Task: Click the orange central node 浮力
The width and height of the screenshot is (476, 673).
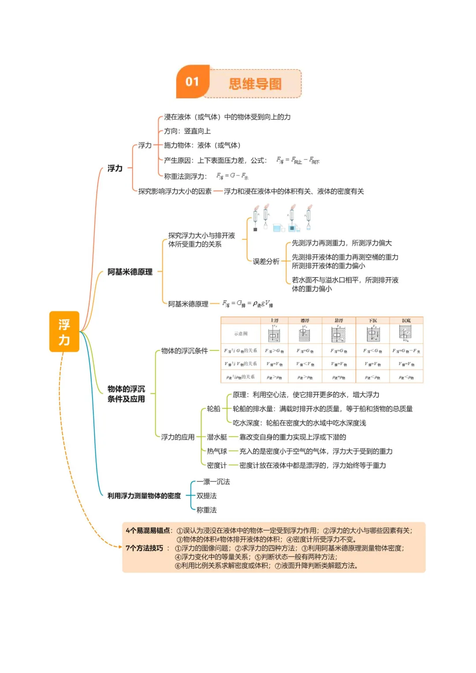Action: [64, 332]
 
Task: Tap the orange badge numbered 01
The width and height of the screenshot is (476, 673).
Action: [192, 82]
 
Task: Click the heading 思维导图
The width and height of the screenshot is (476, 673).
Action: [255, 84]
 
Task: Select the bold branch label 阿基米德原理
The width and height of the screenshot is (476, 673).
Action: [130, 272]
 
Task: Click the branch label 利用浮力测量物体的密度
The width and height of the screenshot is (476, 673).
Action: [144, 496]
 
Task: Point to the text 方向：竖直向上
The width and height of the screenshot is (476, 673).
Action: [187, 131]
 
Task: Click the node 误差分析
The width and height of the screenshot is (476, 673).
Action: [266, 261]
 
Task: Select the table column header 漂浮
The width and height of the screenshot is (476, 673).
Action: [305, 320]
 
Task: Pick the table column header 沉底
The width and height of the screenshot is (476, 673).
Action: [406, 320]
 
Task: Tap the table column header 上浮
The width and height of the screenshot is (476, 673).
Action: [274, 320]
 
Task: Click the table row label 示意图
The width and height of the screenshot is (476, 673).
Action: [241, 334]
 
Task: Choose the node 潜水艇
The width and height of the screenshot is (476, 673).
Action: [217, 437]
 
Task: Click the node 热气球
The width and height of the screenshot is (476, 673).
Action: [217, 451]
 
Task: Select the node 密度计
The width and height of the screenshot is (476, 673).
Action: [217, 465]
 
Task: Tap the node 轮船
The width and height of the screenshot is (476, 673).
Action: [213, 409]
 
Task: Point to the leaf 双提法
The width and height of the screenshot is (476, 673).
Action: [206, 496]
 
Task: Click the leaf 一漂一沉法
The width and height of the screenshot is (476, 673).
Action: [213, 482]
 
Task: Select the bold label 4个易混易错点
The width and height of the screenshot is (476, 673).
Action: [148, 531]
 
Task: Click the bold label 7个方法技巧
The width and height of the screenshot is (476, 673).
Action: [145, 548]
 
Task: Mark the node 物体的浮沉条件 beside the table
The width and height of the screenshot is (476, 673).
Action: [184, 351]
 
